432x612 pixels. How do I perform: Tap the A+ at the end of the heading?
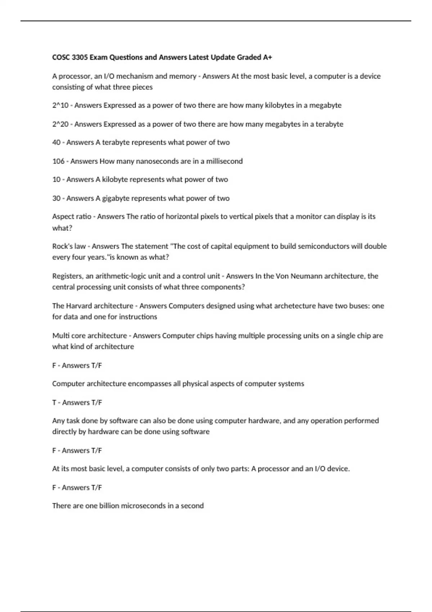click(267, 57)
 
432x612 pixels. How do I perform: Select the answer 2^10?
click(60, 105)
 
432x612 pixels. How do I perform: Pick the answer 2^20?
click(60, 124)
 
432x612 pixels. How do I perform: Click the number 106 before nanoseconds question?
click(58, 161)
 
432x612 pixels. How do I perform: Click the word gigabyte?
click(115, 198)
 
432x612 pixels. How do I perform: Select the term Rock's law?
click(69, 247)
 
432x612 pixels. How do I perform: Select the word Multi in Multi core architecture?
click(60, 336)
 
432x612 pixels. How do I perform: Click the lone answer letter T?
click(54, 402)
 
